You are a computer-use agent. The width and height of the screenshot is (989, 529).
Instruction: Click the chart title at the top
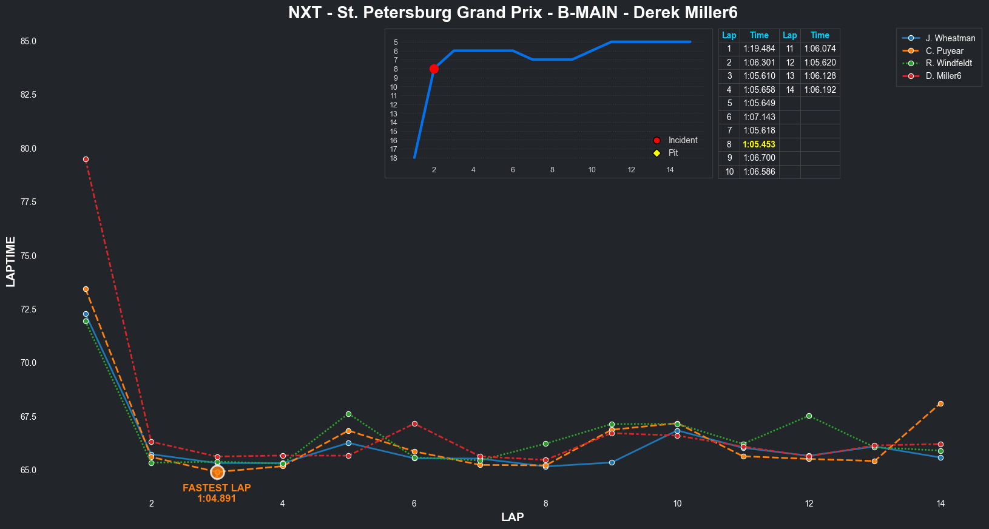[513, 13]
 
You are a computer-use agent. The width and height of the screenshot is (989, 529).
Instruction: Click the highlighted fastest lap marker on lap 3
[217, 472]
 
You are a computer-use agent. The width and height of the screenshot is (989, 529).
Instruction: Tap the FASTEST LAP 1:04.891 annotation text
[217, 493]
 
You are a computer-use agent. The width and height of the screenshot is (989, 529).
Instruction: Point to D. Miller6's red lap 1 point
[86, 160]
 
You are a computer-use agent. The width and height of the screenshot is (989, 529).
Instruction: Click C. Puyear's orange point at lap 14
[940, 403]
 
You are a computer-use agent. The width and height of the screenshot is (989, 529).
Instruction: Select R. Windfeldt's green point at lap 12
[809, 416]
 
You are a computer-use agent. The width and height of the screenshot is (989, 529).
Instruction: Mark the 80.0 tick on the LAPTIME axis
[28, 149]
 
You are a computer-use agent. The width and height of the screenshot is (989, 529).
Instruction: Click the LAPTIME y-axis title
[11, 261]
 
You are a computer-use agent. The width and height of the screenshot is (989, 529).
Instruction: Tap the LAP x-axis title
[512, 517]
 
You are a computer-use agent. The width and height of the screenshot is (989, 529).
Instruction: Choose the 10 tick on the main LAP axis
[677, 504]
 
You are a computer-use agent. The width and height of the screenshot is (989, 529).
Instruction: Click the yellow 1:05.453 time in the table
[759, 144]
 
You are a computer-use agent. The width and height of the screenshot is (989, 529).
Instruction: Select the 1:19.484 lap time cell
[759, 49]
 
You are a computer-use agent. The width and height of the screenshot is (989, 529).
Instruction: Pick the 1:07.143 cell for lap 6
[759, 117]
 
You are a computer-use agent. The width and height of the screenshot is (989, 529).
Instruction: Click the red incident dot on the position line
[434, 69]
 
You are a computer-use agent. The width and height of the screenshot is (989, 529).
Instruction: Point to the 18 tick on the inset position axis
[394, 158]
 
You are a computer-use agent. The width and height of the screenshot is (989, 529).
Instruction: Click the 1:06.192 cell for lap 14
[820, 90]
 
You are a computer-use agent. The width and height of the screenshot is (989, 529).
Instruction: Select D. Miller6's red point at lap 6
[414, 423]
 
